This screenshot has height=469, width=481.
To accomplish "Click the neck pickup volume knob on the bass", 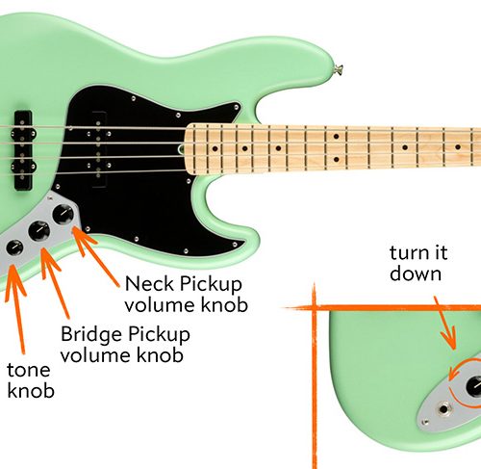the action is (63, 214).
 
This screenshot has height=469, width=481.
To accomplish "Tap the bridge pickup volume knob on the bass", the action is (39, 231).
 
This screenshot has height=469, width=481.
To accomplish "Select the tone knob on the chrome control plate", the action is (14, 248).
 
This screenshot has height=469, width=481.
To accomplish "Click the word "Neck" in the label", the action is (149, 284).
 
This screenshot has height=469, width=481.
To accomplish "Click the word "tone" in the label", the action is (29, 370).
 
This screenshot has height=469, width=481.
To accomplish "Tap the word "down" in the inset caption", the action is (416, 274).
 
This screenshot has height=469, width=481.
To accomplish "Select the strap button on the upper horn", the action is (339, 68).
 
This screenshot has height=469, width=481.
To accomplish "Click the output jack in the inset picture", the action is (443, 409).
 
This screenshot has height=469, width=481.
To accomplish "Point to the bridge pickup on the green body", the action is (23, 151).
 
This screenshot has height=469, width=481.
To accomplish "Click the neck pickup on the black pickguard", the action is (98, 149).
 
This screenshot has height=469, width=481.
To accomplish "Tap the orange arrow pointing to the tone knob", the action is (16, 309).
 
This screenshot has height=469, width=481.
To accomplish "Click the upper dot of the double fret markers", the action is (336, 137).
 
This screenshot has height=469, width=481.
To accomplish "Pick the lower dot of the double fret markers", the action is (336, 159).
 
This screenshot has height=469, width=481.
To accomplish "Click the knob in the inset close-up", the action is (474, 385).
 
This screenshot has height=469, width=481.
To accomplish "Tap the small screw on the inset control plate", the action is (425, 422).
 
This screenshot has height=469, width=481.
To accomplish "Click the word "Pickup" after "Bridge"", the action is (159, 334).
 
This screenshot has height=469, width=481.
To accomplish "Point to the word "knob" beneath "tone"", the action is (31, 391).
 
